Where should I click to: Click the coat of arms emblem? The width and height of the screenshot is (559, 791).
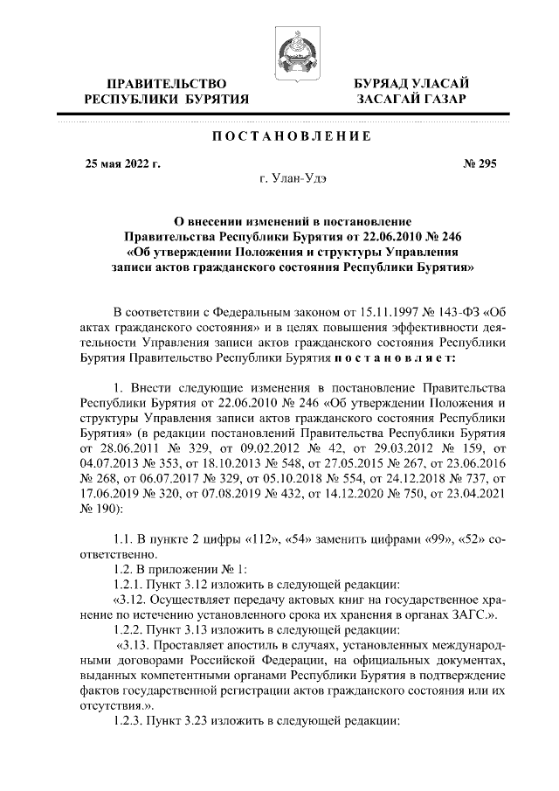click(291, 49)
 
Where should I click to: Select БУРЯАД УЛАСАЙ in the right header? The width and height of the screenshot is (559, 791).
click(411, 83)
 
